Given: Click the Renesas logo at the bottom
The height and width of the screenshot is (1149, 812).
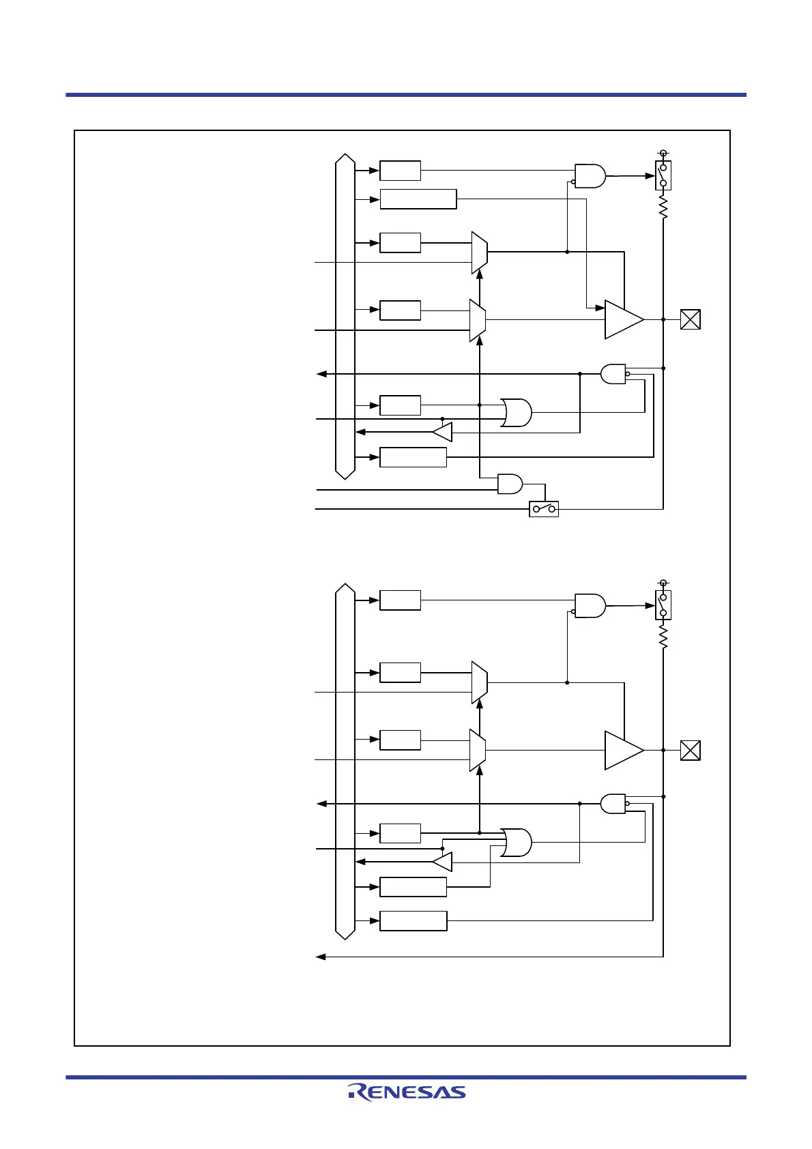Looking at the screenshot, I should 407,1092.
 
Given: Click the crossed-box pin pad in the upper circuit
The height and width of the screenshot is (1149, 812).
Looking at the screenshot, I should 691,319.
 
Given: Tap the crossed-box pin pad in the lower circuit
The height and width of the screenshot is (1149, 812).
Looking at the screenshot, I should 691,751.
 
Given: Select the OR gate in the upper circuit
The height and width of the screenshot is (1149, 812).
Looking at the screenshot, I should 516,412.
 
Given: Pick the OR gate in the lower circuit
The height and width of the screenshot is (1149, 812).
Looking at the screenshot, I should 516,842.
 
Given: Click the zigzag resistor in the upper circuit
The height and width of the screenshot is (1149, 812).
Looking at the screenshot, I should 663,207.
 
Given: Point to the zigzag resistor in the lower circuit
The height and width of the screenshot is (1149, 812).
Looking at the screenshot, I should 663,637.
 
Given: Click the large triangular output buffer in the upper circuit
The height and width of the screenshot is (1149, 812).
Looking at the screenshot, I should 623,319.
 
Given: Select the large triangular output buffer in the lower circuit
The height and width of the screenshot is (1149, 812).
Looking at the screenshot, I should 623,751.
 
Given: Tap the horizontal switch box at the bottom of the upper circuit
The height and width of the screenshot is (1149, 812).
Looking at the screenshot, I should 544,509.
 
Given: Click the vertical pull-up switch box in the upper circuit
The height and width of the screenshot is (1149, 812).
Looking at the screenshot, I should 663,175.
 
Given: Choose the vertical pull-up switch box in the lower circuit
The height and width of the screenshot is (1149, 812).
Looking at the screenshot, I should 663,605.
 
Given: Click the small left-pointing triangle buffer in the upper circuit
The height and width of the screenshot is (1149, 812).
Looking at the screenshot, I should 443,432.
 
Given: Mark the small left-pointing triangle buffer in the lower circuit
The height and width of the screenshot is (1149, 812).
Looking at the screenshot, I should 443,862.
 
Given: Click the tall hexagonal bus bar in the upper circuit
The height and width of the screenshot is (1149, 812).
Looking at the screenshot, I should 345,317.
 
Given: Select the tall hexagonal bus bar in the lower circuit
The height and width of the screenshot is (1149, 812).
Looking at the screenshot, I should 345,761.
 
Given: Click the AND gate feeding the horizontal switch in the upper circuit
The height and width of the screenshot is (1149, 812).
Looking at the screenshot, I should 510,484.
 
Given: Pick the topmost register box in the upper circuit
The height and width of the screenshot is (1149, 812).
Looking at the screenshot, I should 400,171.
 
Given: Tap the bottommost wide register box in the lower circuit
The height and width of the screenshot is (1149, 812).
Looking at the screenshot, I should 413,920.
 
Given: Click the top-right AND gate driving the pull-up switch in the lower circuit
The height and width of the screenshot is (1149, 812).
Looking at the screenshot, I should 590,605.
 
